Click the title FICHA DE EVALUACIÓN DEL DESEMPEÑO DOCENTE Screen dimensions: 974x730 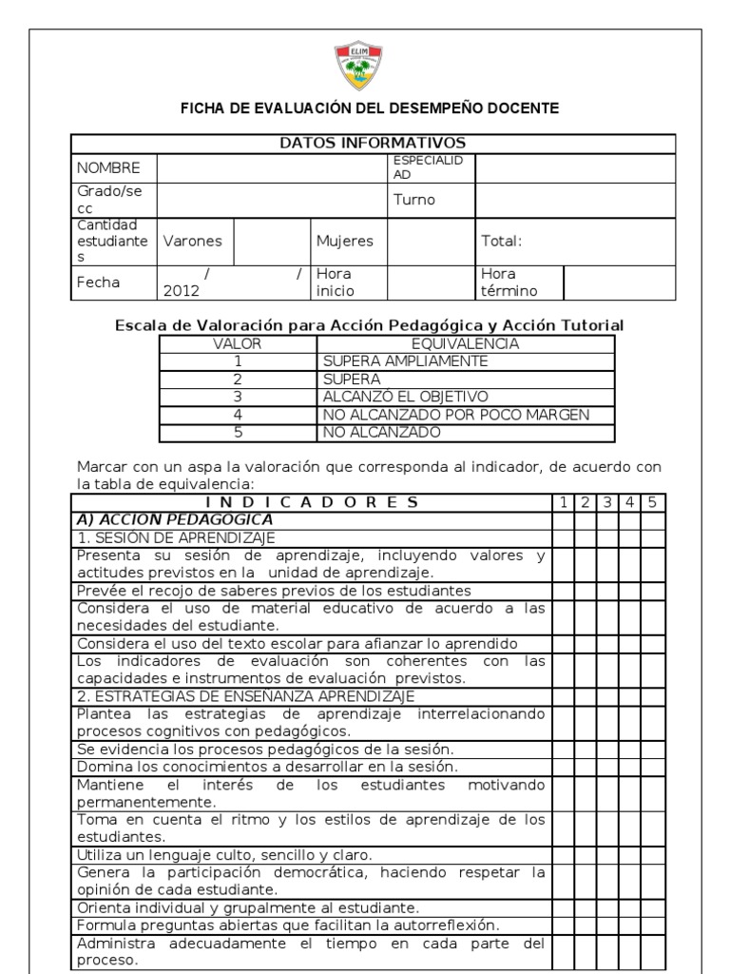click(370, 108)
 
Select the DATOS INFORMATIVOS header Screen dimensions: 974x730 click(372, 144)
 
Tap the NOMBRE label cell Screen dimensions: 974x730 click(108, 167)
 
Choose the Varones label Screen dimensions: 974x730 click(192, 242)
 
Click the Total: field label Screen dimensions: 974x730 click(502, 242)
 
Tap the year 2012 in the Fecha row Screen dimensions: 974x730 click(181, 290)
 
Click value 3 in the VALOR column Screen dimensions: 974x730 click(238, 397)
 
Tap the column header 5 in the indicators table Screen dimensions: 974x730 click(652, 502)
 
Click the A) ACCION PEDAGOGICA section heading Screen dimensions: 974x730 click(175, 520)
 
